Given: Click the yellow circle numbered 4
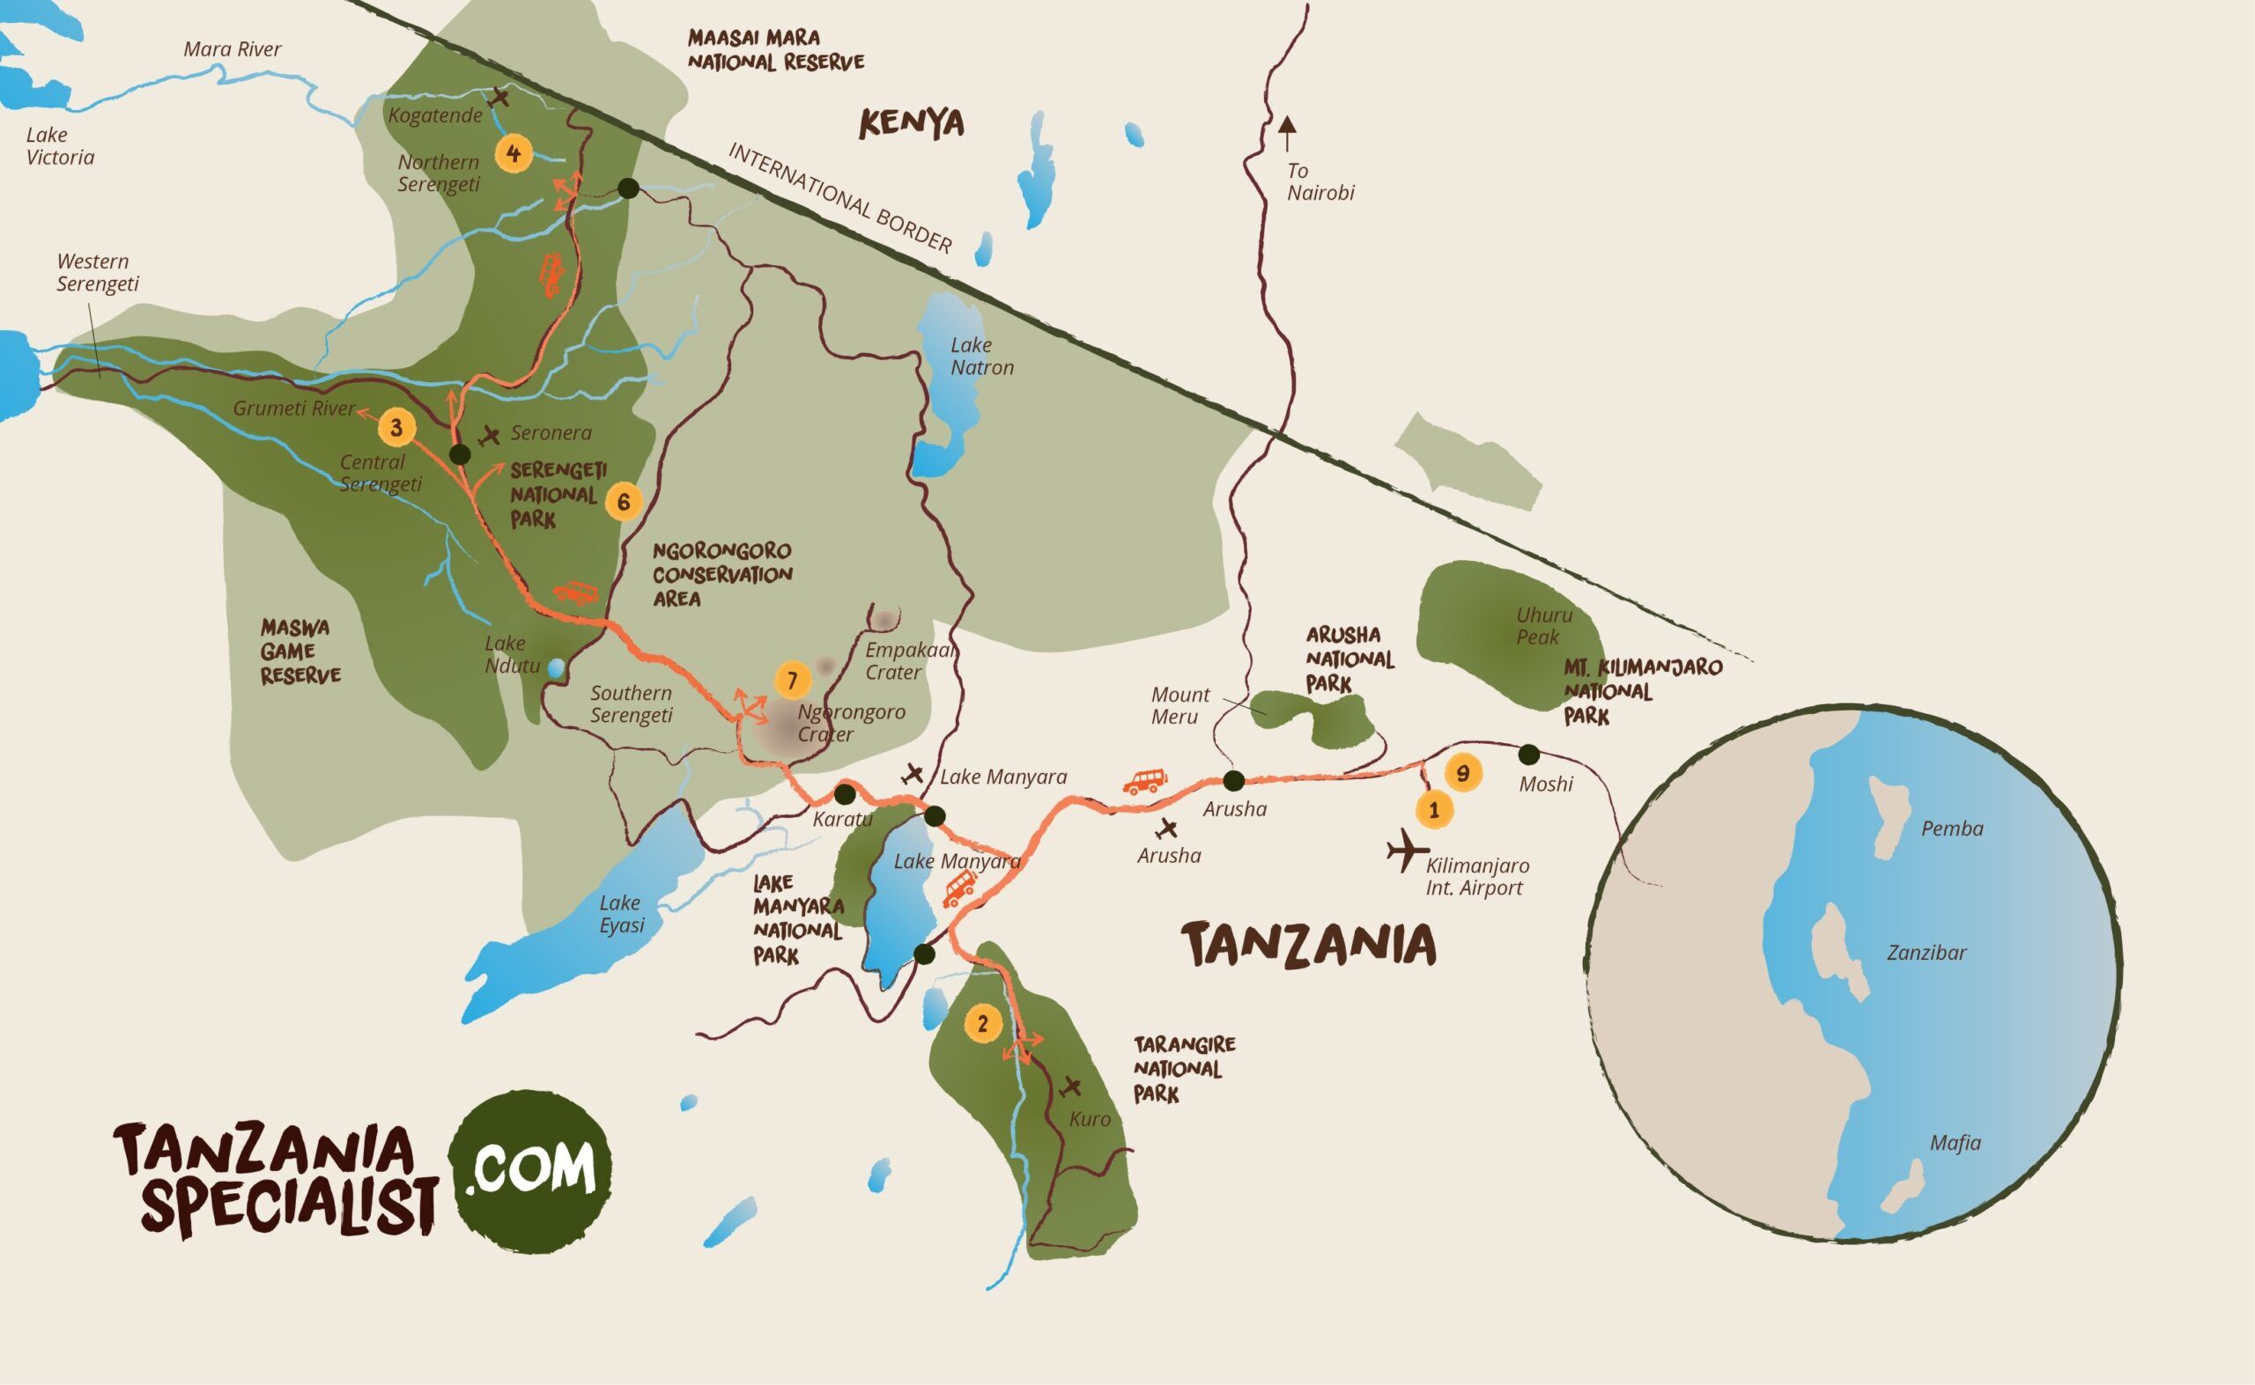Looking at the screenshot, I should point(514,153).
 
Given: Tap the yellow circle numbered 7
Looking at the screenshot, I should point(793,681).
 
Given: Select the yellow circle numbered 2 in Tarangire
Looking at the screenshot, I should point(983,1023).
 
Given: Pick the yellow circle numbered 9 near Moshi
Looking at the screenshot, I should point(1462,773).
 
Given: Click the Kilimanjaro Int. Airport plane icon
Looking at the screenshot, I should point(1407,851).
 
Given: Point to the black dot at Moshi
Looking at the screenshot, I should point(1528,755).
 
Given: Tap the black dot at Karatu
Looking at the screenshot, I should point(845,793).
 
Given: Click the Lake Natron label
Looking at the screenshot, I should point(981,357).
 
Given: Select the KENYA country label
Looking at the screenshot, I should point(911,123).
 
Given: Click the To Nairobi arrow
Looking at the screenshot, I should point(1288,134).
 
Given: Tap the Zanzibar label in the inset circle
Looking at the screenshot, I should point(1926,953).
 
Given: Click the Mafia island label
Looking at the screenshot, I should point(1955,1143).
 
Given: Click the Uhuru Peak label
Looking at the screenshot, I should point(1544,626).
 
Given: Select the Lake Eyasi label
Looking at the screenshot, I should point(621,914).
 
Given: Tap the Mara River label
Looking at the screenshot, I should point(232,49).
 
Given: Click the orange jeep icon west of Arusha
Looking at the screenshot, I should point(1144,780).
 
